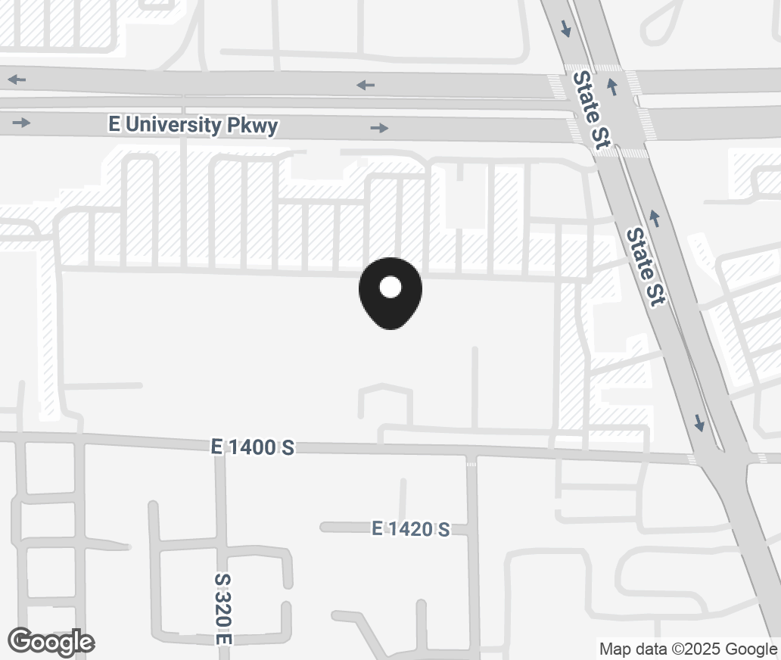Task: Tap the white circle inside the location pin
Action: [x=390, y=287]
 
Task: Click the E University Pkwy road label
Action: [x=193, y=125]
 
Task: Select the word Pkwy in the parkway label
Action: [x=253, y=126]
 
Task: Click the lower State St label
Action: [x=646, y=267]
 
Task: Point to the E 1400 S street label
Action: [x=253, y=447]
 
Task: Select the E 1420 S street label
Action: [x=411, y=529]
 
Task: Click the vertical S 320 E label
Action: [x=222, y=609]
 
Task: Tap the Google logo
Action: [x=51, y=643]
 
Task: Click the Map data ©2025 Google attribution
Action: [x=688, y=649]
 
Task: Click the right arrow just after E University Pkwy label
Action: [x=379, y=129]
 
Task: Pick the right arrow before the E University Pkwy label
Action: [x=21, y=123]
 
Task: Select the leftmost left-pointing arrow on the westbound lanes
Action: [x=17, y=79]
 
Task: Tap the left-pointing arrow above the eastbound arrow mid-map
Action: [x=366, y=85]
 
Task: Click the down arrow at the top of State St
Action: [x=565, y=30]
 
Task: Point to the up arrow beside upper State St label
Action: [x=613, y=86]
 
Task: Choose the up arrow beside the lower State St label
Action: [x=655, y=219]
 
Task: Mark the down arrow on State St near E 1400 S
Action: [x=699, y=422]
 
